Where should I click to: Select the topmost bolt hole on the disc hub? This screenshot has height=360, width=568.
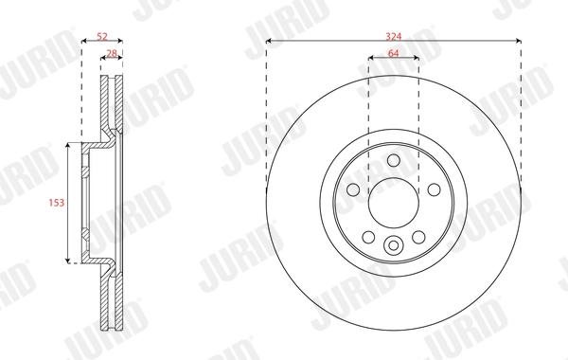pos(393,160)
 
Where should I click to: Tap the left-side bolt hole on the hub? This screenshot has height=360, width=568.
pos(353,189)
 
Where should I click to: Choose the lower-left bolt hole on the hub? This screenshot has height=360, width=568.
pos(368,236)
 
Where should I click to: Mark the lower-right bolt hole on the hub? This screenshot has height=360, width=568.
pos(417,236)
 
